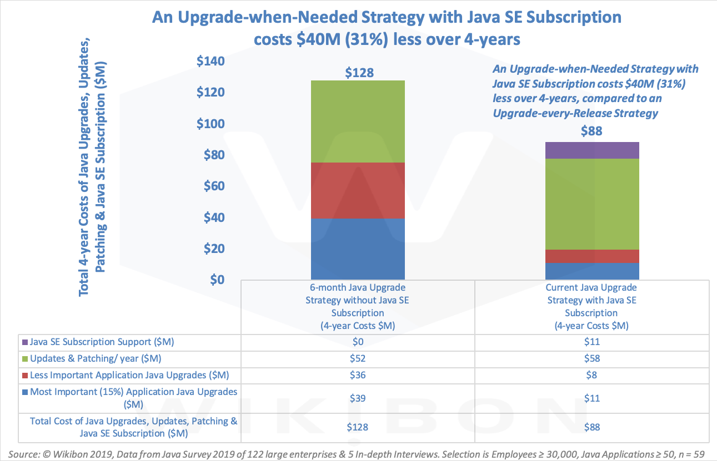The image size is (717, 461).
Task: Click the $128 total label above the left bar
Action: click(358, 72)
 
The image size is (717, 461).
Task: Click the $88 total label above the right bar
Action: click(592, 131)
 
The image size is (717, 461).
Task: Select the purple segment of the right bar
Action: click(592, 150)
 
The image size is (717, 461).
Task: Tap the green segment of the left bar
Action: click(358, 121)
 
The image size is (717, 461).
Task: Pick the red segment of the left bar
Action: click(358, 190)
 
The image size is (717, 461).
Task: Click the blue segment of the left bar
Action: click(358, 248)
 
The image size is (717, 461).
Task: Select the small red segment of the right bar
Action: click(592, 256)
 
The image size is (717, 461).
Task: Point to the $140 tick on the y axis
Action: click(212, 61)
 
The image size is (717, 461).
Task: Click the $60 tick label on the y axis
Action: click(214, 186)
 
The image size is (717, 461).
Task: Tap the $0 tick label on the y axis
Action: click(218, 279)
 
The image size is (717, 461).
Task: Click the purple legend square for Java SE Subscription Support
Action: click(23, 343)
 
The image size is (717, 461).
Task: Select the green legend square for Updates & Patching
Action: click(23, 359)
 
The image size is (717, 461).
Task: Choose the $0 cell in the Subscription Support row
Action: click(358, 342)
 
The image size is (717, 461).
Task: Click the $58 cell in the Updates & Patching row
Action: click(592, 358)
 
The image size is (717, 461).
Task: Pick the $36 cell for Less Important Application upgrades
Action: click(358, 375)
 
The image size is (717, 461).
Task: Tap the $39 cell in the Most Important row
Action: click(358, 398)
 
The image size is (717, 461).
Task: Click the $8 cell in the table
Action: click(592, 375)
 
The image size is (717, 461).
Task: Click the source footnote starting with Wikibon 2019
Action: click(355, 454)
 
